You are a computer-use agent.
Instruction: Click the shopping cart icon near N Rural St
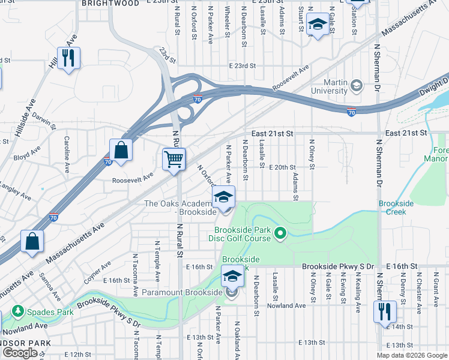coord(173,160)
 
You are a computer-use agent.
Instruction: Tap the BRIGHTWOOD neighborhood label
coord(110,4)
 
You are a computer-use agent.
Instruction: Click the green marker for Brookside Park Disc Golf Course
coord(280,232)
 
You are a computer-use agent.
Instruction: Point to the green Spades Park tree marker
coord(18,311)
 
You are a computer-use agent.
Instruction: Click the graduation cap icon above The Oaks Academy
coord(223,197)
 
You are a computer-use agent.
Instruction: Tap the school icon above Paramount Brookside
coord(232,277)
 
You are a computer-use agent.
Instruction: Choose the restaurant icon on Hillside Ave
coord(68,58)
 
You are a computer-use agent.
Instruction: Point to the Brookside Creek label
coord(396,208)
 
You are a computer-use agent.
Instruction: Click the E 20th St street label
coord(282,168)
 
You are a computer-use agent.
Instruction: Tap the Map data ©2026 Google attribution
coord(411,355)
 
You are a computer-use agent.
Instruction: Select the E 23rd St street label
coord(242,66)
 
